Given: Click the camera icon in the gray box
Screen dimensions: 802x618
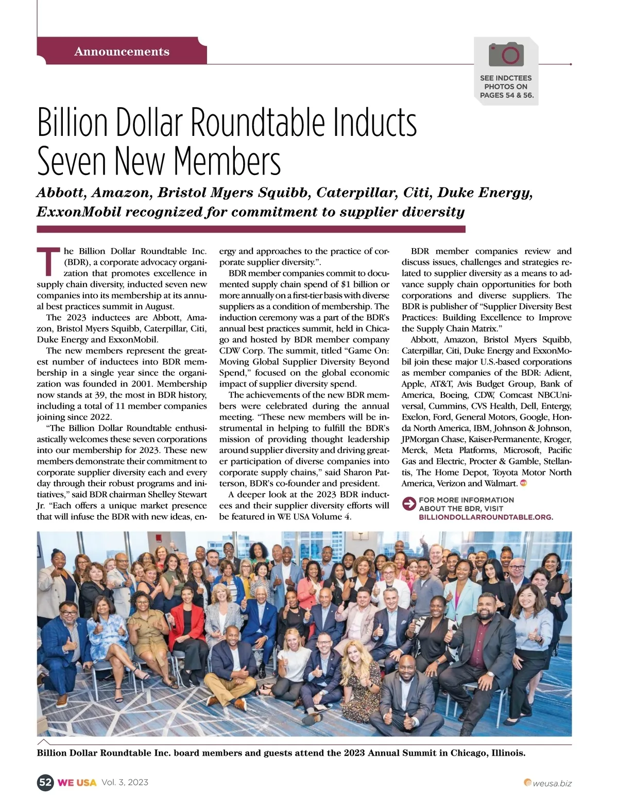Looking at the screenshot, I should tap(506, 55).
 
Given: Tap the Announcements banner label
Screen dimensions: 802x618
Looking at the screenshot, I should tap(122, 51).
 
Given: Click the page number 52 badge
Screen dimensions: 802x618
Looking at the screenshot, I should tap(45, 782).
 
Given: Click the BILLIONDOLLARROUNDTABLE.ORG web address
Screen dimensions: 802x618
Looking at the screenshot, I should tap(486, 517).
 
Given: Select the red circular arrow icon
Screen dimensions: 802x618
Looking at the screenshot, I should tap(409, 503).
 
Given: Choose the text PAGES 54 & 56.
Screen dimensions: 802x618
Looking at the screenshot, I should tap(506, 95).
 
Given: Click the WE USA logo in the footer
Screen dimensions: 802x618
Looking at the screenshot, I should tap(77, 782).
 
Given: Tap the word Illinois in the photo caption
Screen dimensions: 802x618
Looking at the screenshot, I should tap(508, 753).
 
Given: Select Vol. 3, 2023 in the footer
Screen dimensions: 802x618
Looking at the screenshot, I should tap(125, 782).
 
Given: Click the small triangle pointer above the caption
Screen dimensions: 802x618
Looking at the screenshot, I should tap(44, 742).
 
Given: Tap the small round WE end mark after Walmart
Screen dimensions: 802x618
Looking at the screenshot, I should tap(524, 483).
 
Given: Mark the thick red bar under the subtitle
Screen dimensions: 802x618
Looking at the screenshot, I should tap(251, 229).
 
